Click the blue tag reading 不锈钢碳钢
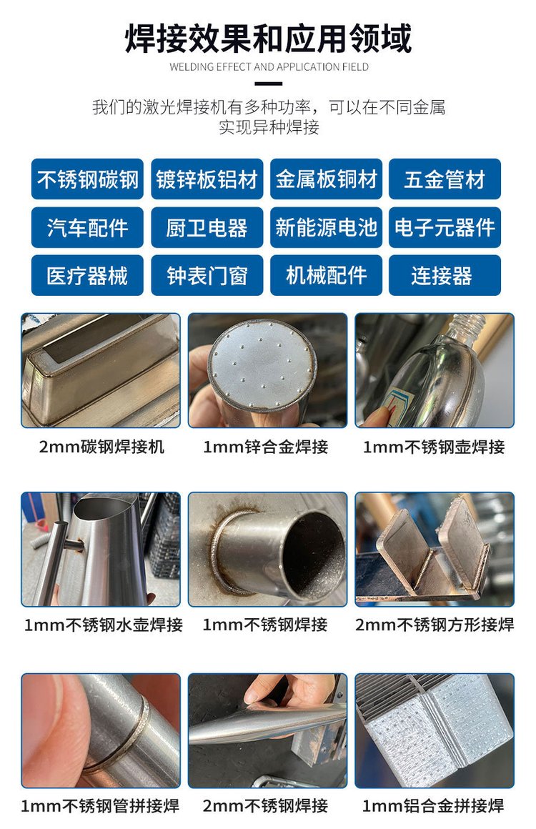(x=87, y=179)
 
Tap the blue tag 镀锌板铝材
(x=207, y=179)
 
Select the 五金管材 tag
(x=445, y=179)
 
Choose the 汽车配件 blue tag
(x=87, y=227)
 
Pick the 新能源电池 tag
(x=326, y=227)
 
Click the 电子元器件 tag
(x=445, y=227)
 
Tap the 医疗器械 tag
(x=87, y=275)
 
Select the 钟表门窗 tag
(x=207, y=275)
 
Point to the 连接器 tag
(x=445, y=275)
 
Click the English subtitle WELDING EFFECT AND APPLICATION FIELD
(x=269, y=67)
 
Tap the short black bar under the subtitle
(x=269, y=84)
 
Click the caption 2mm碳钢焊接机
(x=101, y=447)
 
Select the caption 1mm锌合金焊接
(x=266, y=447)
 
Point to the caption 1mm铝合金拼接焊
(x=433, y=805)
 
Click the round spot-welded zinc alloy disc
(x=261, y=364)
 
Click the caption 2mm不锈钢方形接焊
(x=435, y=625)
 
